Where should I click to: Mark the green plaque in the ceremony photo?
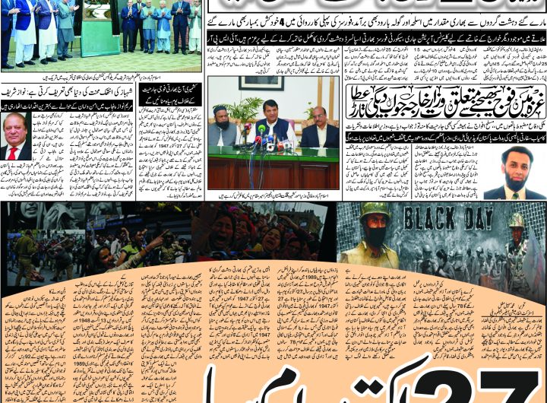point(100,30)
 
